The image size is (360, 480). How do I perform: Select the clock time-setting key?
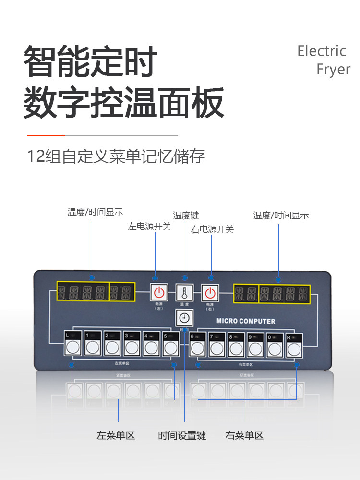[x=184, y=318]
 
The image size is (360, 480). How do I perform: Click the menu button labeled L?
[x=73, y=347]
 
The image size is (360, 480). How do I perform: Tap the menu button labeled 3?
[x=132, y=347]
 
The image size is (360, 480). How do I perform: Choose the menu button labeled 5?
[x=171, y=347]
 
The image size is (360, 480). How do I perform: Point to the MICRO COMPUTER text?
[x=246, y=321]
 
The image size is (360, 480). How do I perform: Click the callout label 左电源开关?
[x=149, y=227]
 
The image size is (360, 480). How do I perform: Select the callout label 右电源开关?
[x=212, y=229]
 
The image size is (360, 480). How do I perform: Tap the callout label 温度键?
[x=186, y=216]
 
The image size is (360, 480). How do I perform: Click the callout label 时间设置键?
[x=182, y=436]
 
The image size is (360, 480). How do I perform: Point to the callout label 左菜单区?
[x=116, y=436]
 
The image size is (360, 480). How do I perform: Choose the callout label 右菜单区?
[x=244, y=436]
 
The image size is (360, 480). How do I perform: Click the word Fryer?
[x=334, y=69]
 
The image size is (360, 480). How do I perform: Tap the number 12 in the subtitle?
[x=36, y=156]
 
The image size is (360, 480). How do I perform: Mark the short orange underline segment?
[x=46, y=135]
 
